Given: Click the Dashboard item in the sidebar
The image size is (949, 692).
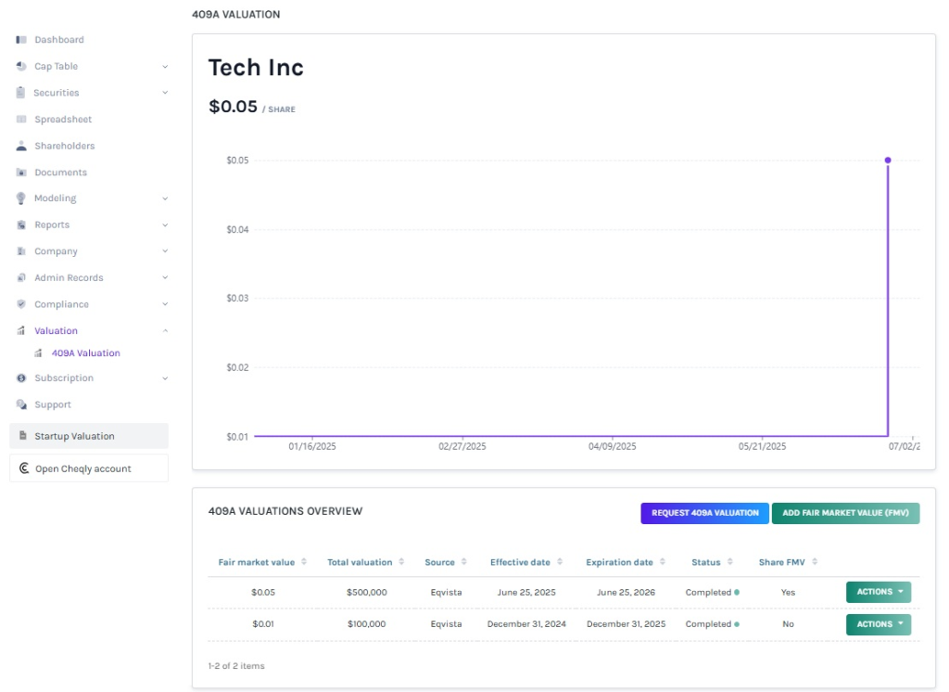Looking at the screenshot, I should coord(58,40).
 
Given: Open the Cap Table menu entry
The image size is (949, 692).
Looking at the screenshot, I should coord(56,67).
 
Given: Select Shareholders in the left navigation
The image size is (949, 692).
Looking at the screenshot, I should coord(64,146).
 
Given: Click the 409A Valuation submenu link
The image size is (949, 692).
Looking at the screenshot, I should coord(85,353).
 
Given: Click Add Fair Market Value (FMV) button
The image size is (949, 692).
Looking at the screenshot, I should coord(845,513).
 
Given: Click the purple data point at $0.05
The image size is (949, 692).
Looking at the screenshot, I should coord(888,160).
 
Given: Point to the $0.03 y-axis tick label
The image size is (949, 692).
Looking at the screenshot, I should coord(237,299).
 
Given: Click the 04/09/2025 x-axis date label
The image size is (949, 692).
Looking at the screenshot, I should coord(613,446).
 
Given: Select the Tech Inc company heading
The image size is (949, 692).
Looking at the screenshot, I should coord(256,68).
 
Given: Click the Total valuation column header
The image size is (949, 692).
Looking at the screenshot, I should coord(360,562).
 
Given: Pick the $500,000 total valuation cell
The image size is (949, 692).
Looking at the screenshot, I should coord(366,592).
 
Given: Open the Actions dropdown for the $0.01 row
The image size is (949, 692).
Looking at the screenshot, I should coord(878,624).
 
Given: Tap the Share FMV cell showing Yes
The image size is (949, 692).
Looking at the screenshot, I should coord(788,592).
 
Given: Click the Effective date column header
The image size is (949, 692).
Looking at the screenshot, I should coord(520,562).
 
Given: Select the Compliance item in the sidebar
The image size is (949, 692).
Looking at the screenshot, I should coord(61,304).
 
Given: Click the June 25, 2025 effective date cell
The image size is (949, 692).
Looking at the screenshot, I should coord(526,592).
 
